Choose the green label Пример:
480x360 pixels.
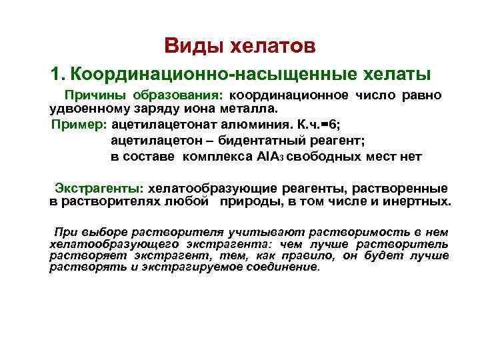pyautogui.click(x=79, y=124)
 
